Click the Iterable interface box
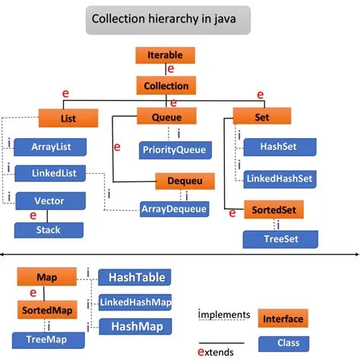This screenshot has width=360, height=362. (165, 55)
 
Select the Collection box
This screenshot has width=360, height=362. (166, 86)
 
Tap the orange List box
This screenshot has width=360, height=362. (68, 118)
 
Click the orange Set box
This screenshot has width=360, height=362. (251, 117)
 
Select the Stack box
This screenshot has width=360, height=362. (49, 229)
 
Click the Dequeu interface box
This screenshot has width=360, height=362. (185, 181)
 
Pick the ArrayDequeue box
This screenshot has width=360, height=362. (175, 208)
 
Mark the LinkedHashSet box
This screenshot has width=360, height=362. (277, 178)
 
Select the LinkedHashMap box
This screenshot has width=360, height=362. (135, 302)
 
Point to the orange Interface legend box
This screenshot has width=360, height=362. (283, 319)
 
